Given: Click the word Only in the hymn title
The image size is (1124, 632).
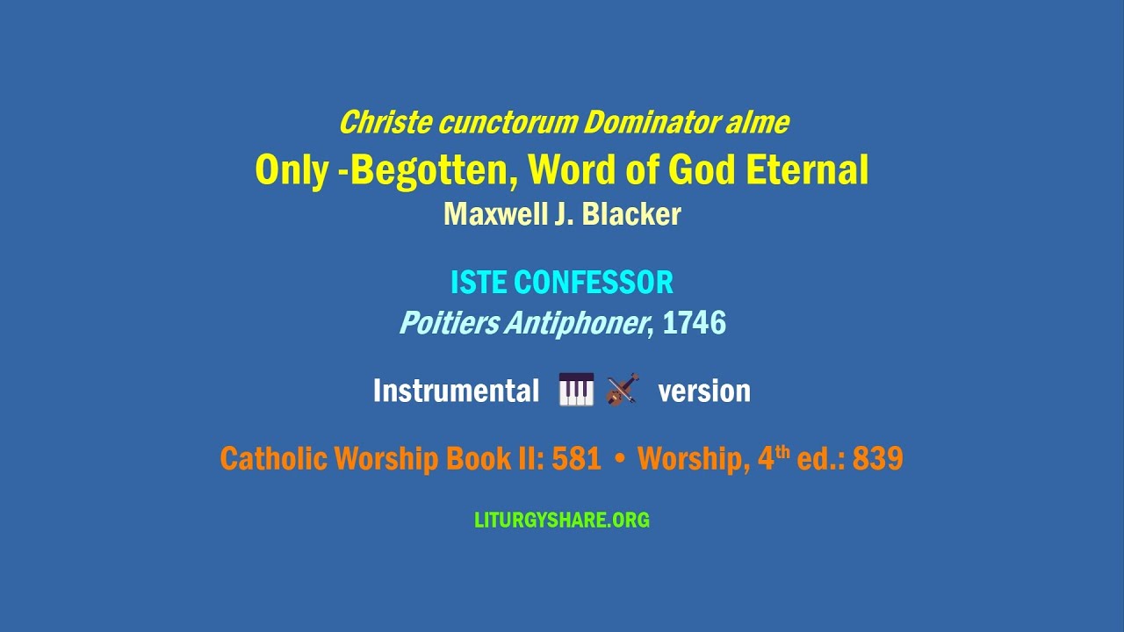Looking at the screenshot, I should pyautogui.click(x=291, y=170).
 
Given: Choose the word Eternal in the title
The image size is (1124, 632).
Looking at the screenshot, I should pyautogui.click(x=807, y=170).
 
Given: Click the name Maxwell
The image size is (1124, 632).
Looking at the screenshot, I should pyautogui.click(x=495, y=214).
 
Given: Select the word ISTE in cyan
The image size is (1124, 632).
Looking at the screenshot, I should pyautogui.click(x=479, y=283).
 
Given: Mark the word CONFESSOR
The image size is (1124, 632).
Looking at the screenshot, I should pyautogui.click(x=594, y=283).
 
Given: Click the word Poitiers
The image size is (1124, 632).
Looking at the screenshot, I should pyautogui.click(x=448, y=324).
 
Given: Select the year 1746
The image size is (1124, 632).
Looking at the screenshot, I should pyautogui.click(x=694, y=324).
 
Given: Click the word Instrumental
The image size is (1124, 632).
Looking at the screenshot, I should pyautogui.click(x=456, y=391).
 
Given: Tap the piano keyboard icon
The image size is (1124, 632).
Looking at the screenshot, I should pyautogui.click(x=576, y=390).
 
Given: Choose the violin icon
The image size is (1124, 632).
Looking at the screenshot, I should pyautogui.click(x=622, y=390).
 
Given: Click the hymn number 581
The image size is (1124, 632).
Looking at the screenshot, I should pyautogui.click(x=576, y=458).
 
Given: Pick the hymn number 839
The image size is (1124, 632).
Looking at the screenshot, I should pyautogui.click(x=877, y=458).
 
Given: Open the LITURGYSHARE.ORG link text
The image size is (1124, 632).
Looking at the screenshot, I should pyautogui.click(x=562, y=520).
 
